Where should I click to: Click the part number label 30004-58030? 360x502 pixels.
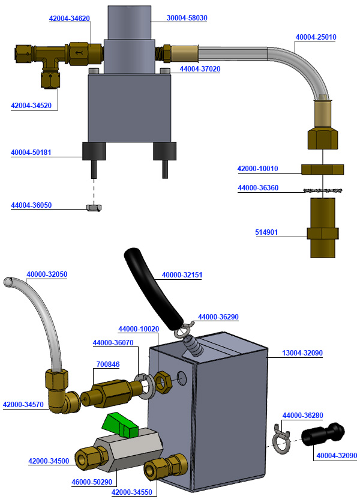tap(187, 18)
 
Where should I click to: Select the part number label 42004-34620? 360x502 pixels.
tap(70, 19)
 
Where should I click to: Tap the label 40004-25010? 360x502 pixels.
tap(316, 37)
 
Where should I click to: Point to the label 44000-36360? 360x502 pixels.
tap(258, 188)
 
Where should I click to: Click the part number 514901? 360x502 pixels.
tap(266, 232)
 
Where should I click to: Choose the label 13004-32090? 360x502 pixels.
tap(302, 353)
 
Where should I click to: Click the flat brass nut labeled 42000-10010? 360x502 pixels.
tap(322, 169)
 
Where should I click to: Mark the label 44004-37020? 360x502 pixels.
tap(200, 69)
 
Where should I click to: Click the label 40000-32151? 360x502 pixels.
tap(182, 276)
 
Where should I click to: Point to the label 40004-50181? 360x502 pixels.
tap(31, 153)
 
